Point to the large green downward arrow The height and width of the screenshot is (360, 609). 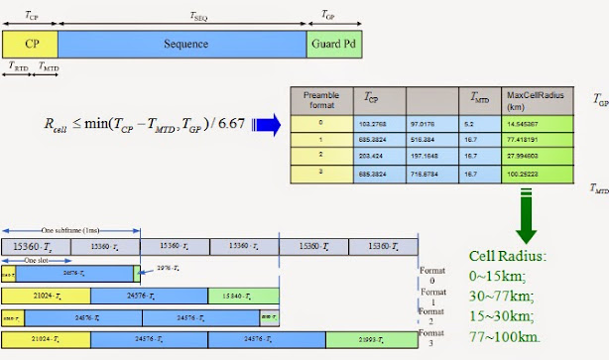coord(528,224)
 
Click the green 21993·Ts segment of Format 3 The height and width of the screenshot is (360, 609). coord(370,339)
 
